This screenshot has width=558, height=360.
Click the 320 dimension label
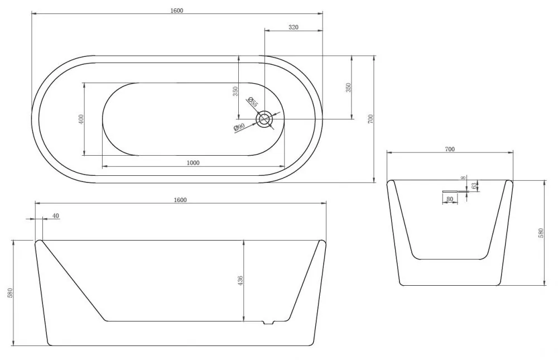click(294, 27)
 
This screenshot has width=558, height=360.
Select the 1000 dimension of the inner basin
click(193, 163)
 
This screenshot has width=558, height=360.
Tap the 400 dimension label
click(81, 119)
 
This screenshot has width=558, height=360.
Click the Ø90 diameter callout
click(239, 127)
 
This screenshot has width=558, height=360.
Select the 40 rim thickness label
click(55, 216)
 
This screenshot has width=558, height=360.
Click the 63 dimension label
click(474, 185)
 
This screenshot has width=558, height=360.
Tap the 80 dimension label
click(450, 199)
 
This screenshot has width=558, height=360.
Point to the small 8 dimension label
click(463, 177)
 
